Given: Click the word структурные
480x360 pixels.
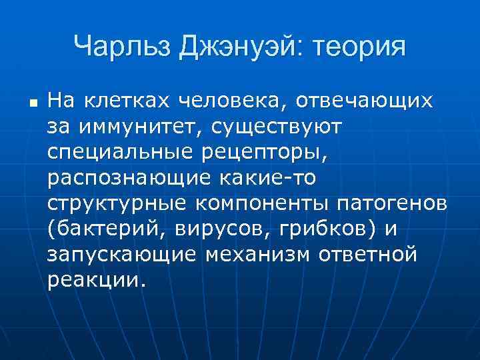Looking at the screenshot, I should pos(117,203).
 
